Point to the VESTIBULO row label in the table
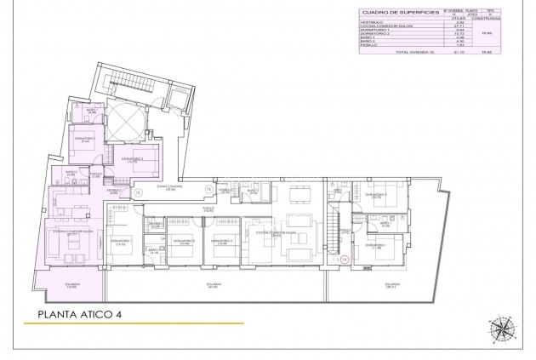click(373, 23)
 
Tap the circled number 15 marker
click(138, 193)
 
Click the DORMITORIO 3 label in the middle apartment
click(224, 240)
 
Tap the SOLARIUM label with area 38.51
click(391, 285)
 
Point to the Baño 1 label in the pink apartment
click(91, 111)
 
